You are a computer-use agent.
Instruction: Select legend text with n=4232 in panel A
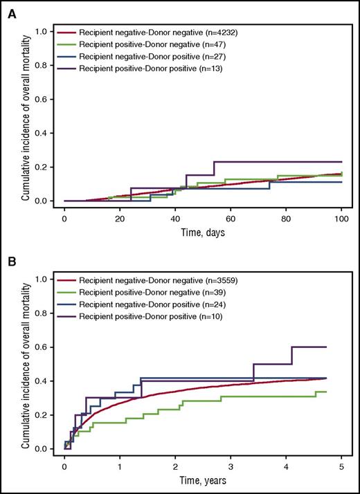click(170, 32)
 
